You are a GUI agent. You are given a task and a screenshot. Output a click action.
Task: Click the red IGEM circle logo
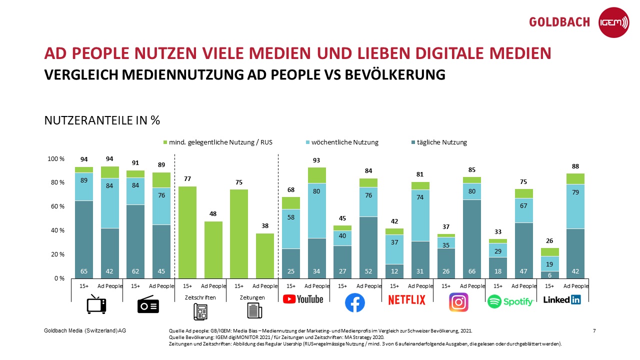pos(613,22)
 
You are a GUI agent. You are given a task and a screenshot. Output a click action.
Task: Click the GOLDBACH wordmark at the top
pos(559,22)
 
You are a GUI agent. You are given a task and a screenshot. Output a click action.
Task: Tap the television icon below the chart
pos(96,304)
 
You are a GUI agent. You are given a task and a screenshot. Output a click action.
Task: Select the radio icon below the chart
pos(148,304)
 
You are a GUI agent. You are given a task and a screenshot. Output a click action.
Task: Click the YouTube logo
pos(303,299)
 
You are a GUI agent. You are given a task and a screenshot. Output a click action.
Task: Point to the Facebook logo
pos(355,302)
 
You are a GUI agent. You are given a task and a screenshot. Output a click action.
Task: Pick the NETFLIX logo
pos(407,300)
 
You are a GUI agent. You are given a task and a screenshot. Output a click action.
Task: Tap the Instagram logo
pos(458,302)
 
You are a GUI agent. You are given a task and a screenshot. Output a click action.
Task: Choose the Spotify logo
pos(510,301)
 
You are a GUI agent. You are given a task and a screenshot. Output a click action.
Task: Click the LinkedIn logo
pos(562,299)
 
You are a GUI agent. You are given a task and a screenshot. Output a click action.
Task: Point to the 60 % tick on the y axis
pos(56,206)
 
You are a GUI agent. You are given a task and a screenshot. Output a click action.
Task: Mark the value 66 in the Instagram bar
pos(471,271)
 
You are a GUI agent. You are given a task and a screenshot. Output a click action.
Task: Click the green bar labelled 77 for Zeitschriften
pos(187,232)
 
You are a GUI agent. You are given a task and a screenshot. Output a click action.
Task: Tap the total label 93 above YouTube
pos(316,160)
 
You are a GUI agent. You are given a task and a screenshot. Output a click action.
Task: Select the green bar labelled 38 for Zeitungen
pos(265,255)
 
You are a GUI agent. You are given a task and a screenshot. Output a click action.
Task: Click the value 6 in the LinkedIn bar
pos(549,274)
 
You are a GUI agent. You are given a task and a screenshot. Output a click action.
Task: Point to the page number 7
pos(594,330)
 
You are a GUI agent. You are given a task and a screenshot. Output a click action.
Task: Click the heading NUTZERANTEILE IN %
pos(102,120)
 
